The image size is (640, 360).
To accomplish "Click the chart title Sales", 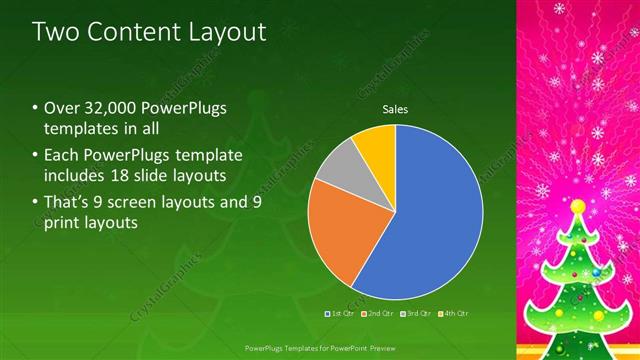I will pos(395,110).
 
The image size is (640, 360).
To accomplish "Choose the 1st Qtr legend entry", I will pos(339,313).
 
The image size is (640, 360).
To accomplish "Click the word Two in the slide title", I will pos(58,32).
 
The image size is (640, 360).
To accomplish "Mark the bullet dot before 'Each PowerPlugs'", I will pos(35,155).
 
